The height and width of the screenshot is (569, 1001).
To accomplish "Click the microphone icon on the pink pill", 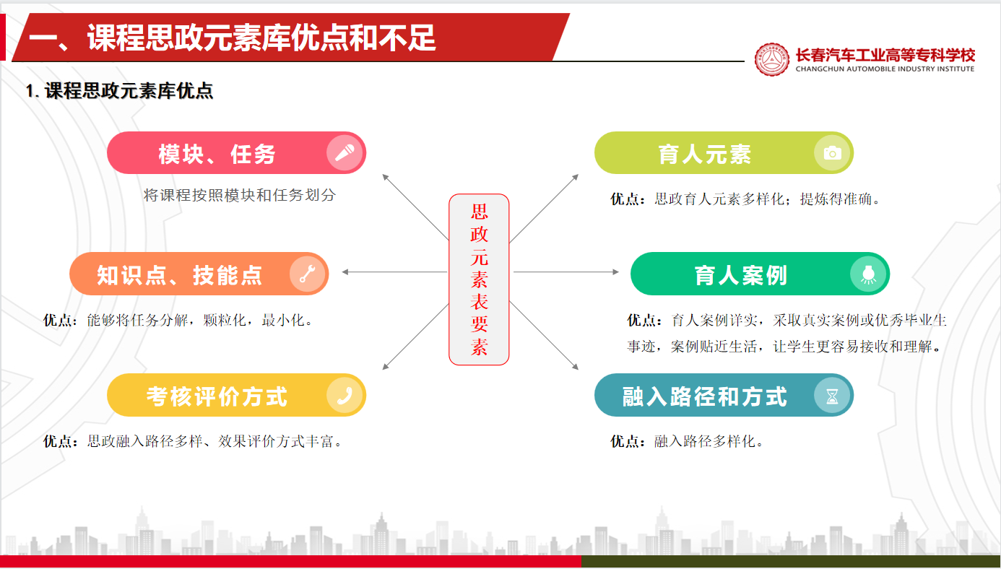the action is (344, 153).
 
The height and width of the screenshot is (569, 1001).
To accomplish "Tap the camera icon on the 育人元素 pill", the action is (832, 153).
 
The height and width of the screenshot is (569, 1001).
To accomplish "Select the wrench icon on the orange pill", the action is (308, 274).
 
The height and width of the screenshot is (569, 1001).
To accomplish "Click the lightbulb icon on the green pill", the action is (868, 274).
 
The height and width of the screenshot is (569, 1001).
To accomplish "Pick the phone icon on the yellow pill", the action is (344, 395).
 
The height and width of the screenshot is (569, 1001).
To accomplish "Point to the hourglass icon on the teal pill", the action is (832, 396).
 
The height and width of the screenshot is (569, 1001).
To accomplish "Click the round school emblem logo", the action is (772, 59).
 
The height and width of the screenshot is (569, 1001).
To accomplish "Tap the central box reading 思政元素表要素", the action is (479, 279).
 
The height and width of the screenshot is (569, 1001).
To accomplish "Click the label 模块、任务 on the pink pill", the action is (217, 154).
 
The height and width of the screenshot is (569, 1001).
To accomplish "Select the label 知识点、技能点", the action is (179, 274).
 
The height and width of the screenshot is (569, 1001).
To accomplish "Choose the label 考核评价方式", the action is (217, 396).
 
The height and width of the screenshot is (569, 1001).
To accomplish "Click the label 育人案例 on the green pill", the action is (740, 274).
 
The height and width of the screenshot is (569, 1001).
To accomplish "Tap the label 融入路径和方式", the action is (705, 396).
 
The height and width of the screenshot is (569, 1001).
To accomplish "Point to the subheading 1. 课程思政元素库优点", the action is (120, 91).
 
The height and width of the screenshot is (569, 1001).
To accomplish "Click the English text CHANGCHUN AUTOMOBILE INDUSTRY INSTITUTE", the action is (885, 69).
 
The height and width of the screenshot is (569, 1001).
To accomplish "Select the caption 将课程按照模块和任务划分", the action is (240, 195).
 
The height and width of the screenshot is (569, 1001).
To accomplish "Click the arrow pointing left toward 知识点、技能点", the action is (394, 272).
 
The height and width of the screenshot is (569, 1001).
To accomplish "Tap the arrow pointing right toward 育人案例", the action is (566, 272).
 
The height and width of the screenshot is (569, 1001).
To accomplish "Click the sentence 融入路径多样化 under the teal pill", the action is (708, 441).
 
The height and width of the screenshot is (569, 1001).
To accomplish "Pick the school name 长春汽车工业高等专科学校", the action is (885, 56).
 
